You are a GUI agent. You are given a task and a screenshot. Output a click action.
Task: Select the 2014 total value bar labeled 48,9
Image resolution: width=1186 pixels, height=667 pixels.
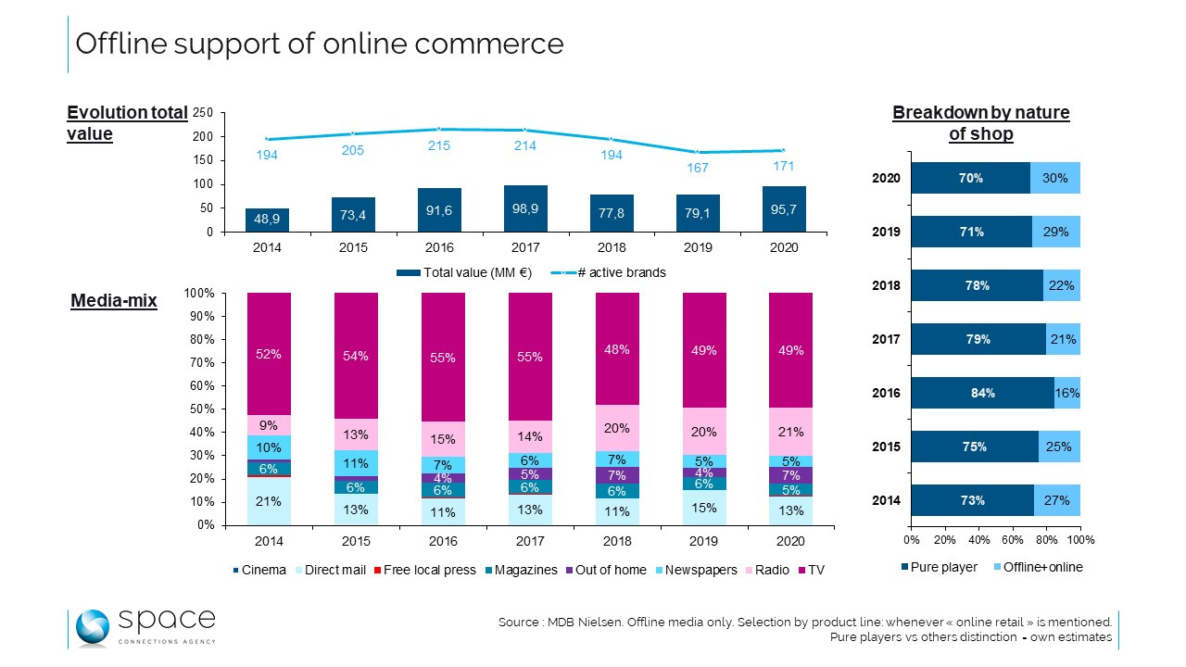(x=267, y=220)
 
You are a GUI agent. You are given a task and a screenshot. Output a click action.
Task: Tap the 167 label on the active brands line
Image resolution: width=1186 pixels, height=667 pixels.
(x=699, y=169)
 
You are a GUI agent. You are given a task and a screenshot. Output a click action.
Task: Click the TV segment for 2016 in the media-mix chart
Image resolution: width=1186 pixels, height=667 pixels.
(x=443, y=357)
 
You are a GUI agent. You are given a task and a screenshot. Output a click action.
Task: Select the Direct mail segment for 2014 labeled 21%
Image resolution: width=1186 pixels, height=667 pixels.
(x=269, y=501)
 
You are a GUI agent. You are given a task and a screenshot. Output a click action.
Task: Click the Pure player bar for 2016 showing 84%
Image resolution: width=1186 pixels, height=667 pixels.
(x=983, y=393)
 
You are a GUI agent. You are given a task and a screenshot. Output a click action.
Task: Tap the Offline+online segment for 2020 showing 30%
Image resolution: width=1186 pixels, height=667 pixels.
(x=1055, y=178)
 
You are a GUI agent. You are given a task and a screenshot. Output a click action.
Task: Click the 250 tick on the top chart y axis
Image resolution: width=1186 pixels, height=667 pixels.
(x=203, y=113)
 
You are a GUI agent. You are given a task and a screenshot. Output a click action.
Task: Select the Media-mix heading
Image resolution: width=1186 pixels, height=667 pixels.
(x=114, y=301)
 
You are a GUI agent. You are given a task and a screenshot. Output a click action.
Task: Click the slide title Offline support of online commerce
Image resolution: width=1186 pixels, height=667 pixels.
(x=319, y=44)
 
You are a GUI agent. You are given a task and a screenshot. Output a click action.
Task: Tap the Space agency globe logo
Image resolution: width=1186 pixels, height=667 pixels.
(x=92, y=627)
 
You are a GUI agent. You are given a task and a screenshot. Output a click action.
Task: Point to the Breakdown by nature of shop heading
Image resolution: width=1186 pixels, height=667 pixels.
(x=980, y=123)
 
